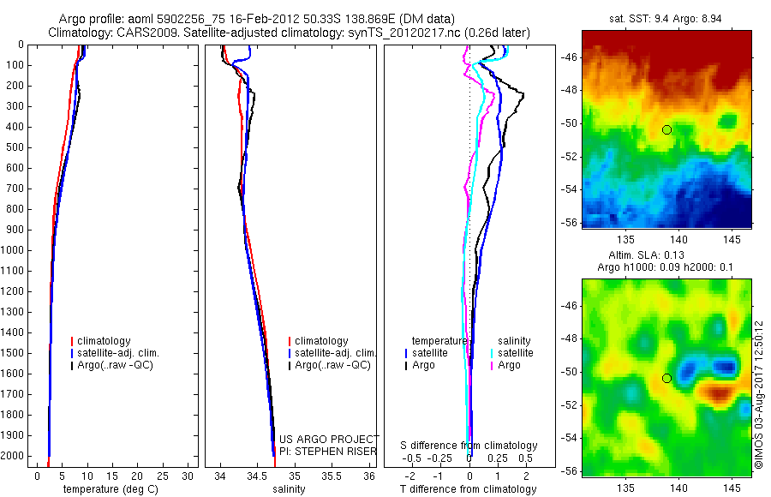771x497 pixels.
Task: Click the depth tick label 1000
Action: point(15,250)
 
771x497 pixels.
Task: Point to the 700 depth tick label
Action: point(17,189)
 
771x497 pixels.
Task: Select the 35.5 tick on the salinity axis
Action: point(332,476)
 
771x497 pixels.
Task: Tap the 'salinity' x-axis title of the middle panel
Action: point(289,489)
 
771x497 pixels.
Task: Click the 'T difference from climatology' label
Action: point(468,489)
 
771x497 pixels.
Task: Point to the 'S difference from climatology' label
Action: point(469,446)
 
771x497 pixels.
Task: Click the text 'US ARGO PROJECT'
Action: point(330,439)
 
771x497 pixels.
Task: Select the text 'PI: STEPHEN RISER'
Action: point(329,451)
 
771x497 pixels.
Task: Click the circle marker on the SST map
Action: point(666,129)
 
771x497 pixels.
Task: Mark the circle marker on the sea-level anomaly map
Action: point(666,378)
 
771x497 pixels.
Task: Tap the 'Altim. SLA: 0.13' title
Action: point(666,254)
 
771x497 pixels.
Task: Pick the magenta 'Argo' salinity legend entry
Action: point(509,365)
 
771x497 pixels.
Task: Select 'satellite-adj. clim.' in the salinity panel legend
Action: point(335,353)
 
